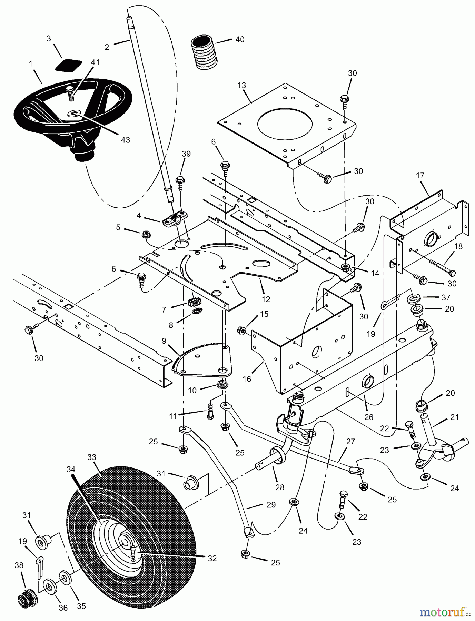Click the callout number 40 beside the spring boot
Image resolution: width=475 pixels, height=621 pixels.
pyautogui.click(x=239, y=39)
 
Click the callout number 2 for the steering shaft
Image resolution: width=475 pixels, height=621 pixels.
pyautogui.click(x=107, y=47)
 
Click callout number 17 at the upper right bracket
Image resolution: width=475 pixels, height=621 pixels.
pyautogui.click(x=420, y=175)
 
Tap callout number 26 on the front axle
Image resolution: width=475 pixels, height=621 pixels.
pyautogui.click(x=369, y=417)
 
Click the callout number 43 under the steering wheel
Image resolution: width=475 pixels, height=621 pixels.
pyautogui.click(x=125, y=140)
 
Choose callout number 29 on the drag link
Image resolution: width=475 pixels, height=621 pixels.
pyautogui.click(x=271, y=505)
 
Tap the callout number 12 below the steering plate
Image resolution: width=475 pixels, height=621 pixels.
pyautogui.click(x=266, y=299)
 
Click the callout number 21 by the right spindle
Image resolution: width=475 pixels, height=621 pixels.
pyautogui.click(x=455, y=417)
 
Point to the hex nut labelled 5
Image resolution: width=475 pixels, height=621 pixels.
pyautogui.click(x=145, y=234)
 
